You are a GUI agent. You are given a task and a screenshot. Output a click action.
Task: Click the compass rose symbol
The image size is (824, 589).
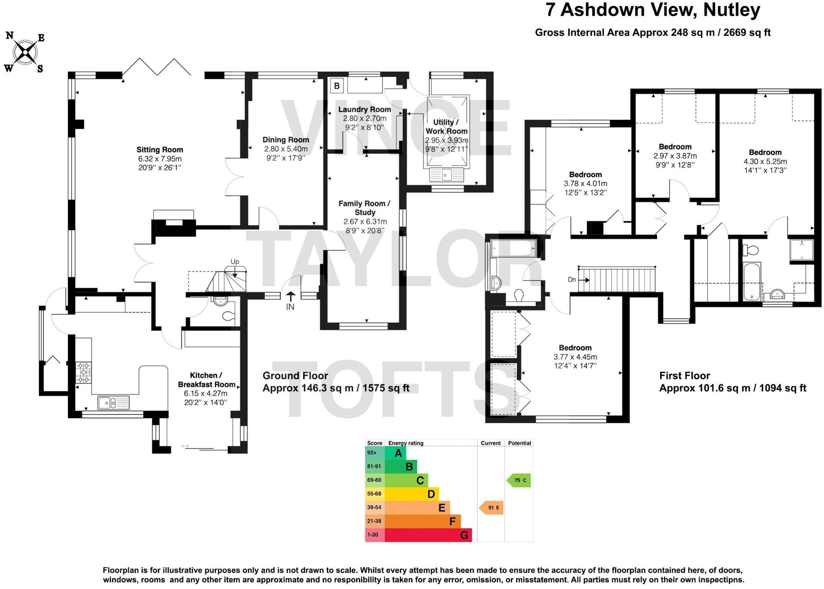point(25,52)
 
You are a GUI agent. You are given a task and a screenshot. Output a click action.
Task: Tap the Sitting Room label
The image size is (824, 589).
point(160,150)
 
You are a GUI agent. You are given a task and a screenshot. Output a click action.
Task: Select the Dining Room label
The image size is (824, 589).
point(286,140)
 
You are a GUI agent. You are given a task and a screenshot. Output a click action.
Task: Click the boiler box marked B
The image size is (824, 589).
point(337,86)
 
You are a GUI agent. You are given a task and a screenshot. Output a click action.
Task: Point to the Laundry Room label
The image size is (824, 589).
point(365,109)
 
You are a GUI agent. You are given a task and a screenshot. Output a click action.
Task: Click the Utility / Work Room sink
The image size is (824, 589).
point(446,175)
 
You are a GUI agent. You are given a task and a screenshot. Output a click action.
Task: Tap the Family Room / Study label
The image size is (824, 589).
point(364,208)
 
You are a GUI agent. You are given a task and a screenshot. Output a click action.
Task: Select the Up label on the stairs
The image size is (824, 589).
point(235,262)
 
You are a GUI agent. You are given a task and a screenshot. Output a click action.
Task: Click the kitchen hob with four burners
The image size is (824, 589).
point(84,372)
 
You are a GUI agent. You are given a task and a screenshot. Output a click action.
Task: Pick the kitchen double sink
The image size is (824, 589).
point(113,402)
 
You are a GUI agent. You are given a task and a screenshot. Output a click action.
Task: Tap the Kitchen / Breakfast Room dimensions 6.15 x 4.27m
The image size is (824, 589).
point(206,393)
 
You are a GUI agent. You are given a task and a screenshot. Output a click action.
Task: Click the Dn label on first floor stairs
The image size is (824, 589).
point(572,280)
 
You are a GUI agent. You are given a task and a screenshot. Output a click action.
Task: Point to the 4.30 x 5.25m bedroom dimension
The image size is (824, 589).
point(765,161)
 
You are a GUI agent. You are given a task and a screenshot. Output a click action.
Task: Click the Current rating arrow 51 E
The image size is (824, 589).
point(492,508)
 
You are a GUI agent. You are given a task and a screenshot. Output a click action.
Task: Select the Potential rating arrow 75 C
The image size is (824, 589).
point(519,480)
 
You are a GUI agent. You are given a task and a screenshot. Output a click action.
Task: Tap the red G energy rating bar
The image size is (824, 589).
point(428,535)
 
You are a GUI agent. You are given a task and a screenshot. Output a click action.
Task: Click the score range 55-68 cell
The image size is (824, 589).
point(374,494)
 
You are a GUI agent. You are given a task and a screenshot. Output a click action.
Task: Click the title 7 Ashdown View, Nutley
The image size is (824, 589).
point(653,10)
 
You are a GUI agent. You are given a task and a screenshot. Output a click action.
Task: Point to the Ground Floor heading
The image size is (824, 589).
point(295,376)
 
